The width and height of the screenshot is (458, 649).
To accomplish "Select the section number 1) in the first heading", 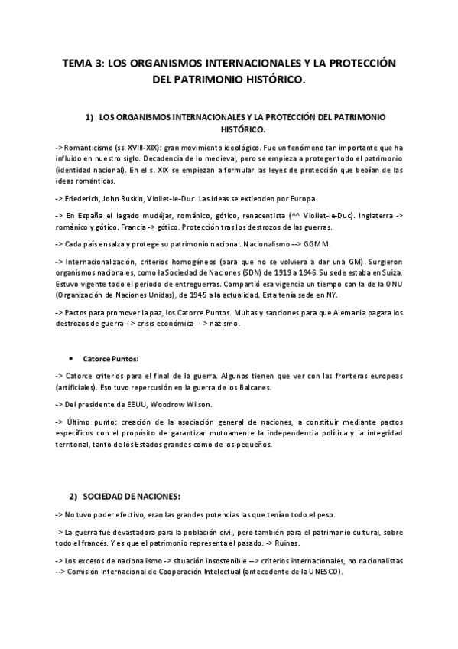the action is tap(90, 116).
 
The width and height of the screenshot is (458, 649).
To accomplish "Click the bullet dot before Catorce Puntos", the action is tap(71, 357).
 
